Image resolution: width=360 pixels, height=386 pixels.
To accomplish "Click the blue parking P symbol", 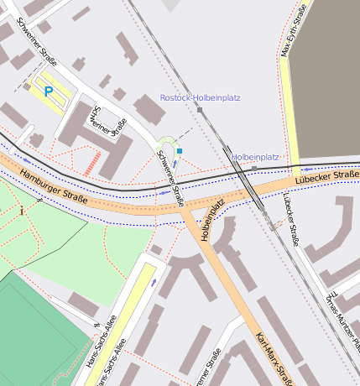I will tap(48, 91).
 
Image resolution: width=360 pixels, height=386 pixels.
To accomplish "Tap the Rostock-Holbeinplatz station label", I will tap(200, 97).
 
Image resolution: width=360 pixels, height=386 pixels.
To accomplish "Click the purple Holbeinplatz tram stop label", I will tap(255, 156).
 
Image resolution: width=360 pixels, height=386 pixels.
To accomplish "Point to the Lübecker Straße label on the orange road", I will tap(326, 177).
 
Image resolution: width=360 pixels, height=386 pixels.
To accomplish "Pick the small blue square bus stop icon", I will tap(179, 151).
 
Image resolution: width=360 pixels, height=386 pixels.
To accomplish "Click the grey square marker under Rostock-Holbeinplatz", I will tap(200, 109).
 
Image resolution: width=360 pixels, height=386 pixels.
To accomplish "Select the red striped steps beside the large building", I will tap(91, 164).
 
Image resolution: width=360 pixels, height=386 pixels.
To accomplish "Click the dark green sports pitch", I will tap(34, 327).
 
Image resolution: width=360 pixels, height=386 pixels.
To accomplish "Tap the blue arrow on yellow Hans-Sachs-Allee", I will tap(154, 282).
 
